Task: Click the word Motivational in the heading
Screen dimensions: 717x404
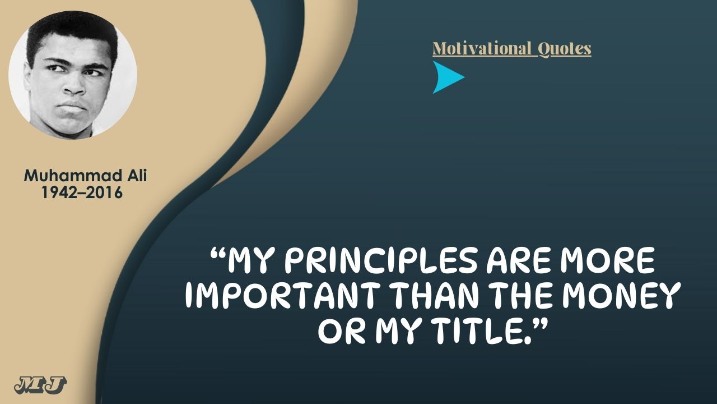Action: [x=481, y=49]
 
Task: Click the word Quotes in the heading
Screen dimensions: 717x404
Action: [x=564, y=49]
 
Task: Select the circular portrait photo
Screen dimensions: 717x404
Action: [x=73, y=75]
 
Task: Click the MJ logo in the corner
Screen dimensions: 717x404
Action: [x=41, y=385]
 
